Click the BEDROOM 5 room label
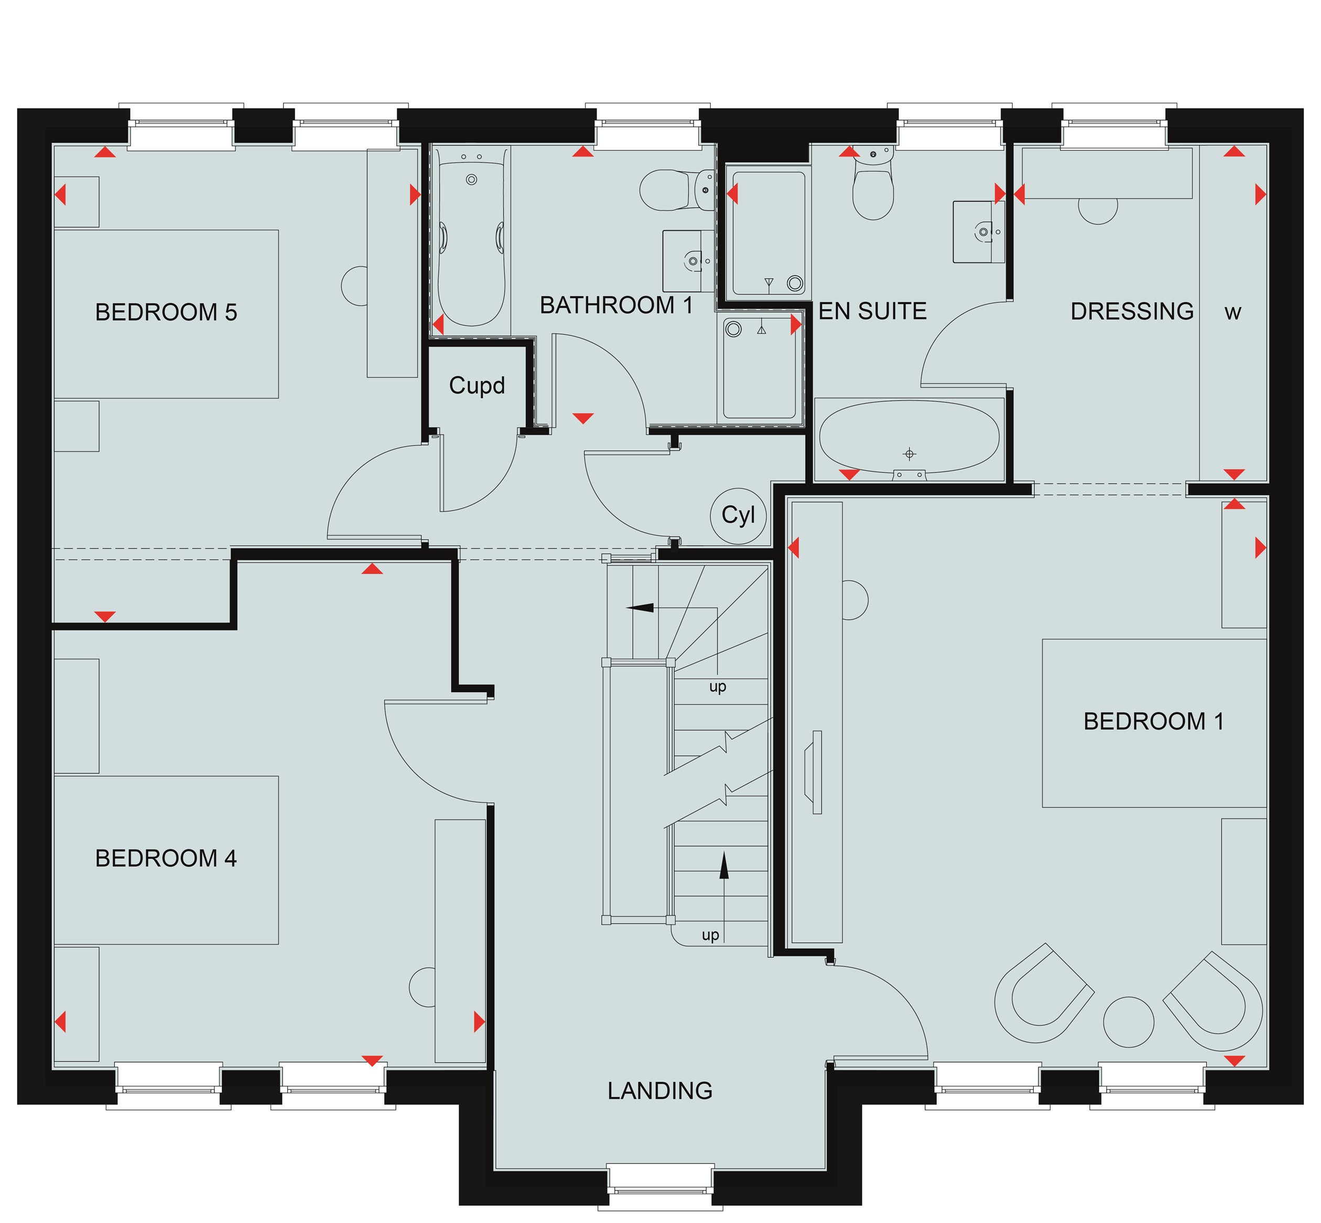tap(166, 312)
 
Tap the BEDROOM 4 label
tap(166, 858)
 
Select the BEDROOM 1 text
tap(1154, 721)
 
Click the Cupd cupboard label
tap(477, 385)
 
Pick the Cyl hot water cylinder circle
tap(738, 515)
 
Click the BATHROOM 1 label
tap(616, 305)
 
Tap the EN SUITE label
tap(872, 311)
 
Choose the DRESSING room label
tap(1132, 311)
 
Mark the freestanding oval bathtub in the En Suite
tap(908, 438)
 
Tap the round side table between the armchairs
tap(1129, 1022)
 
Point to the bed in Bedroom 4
tap(166, 860)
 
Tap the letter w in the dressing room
tap(1232, 313)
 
